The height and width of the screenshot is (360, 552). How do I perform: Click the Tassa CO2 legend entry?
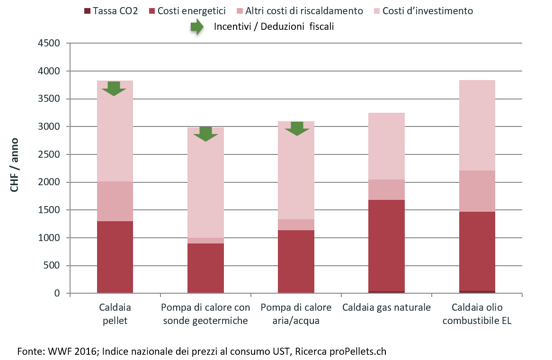(x=111, y=10)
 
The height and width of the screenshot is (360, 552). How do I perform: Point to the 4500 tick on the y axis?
(x=50, y=44)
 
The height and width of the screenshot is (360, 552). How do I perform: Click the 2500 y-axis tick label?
(x=50, y=155)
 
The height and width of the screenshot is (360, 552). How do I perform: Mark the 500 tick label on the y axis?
(x=52, y=266)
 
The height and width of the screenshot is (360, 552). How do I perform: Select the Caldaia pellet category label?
(x=115, y=314)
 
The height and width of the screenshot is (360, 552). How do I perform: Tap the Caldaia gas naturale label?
(x=386, y=308)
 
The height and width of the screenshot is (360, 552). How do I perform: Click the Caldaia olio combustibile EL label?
(x=477, y=314)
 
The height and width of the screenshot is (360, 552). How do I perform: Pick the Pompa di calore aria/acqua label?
(x=296, y=314)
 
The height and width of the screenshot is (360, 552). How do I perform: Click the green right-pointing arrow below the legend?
(x=197, y=27)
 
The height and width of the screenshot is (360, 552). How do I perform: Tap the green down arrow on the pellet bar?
(x=114, y=88)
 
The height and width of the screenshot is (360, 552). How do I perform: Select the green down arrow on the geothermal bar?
(x=205, y=134)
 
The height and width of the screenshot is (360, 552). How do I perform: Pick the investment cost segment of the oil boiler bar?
(x=477, y=126)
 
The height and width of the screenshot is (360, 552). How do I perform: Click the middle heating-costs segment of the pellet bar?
(x=115, y=201)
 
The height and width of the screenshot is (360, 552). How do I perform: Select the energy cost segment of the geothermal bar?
(x=205, y=268)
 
